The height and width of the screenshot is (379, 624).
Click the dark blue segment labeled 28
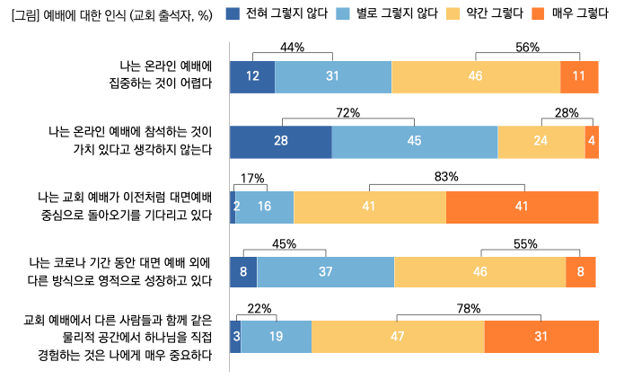pyautogui.click(x=281, y=142)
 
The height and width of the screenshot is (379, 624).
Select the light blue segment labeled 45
pyautogui.click(x=415, y=142)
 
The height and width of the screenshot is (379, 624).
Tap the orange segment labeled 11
pyautogui.click(x=579, y=76)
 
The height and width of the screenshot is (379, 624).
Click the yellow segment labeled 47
pyautogui.click(x=398, y=337)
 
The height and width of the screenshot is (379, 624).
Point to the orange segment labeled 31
pyautogui.click(x=541, y=337)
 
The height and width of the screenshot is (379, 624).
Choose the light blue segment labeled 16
pyautogui.click(x=265, y=207)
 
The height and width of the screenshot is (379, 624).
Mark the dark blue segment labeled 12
pyautogui.click(x=252, y=76)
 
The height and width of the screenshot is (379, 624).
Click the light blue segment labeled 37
pyautogui.click(x=326, y=271)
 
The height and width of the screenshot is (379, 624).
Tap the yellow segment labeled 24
pyautogui.click(x=541, y=142)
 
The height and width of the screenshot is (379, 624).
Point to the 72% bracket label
pyautogui.click(x=347, y=112)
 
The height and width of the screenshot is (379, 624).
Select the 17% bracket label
pyautogui.click(x=253, y=178)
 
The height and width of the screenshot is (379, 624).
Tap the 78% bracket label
pyautogui.click(x=468, y=308)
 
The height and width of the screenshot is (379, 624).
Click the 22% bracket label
pyautogui.click(x=259, y=308)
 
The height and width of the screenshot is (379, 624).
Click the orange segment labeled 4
pyautogui.click(x=592, y=142)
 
